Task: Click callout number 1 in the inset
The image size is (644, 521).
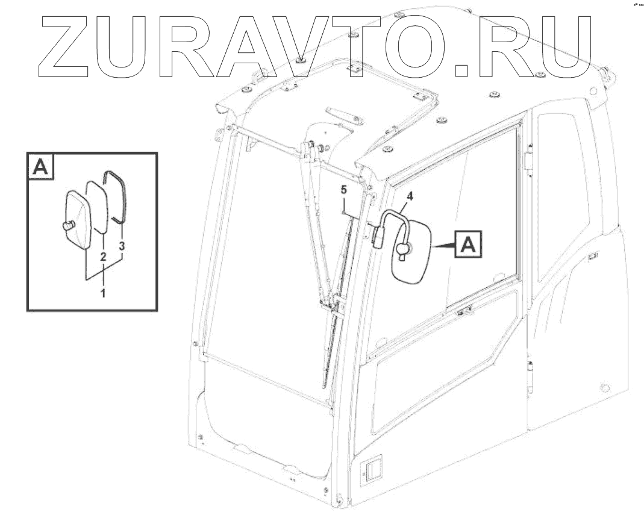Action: click(103, 293)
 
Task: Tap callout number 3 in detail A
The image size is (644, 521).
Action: click(122, 246)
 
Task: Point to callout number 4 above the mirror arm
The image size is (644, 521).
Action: click(409, 196)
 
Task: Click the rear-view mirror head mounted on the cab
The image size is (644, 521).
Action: click(413, 254)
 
